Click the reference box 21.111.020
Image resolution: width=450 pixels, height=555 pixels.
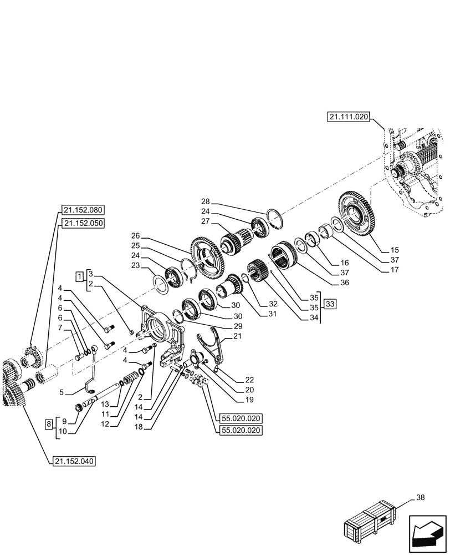tap(348, 117)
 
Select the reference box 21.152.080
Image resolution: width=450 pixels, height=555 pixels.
tap(84, 210)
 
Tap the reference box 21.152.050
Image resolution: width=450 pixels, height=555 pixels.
tap(84, 223)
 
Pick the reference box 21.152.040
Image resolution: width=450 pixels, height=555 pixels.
tap(75, 461)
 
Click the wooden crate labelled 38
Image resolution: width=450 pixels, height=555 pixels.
tap(370, 522)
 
